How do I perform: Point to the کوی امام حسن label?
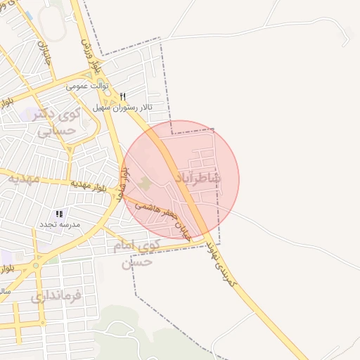(x=136, y=254)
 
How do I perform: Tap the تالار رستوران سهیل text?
(x=124, y=108)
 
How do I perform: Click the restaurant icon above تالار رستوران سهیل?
(x=123, y=96)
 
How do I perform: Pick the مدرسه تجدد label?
(x=60, y=224)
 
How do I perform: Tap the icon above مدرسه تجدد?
(x=59, y=214)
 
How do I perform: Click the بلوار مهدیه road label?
(x=88, y=184)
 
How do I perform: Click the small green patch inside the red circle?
(x=145, y=183)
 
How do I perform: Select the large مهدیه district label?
(x=23, y=179)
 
